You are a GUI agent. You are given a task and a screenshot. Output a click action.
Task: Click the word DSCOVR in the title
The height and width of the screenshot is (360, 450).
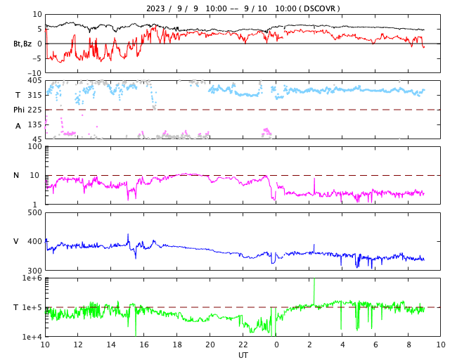coord(322,8)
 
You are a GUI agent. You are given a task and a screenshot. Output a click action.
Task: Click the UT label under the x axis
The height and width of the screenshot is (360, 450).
coord(243,355)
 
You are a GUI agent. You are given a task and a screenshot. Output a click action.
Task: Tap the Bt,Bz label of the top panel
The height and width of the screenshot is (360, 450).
coord(22,44)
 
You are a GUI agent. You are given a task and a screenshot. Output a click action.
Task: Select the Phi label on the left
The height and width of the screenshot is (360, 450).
coord(20,110)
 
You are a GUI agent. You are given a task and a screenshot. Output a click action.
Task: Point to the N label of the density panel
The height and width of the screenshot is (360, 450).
coord(17,176)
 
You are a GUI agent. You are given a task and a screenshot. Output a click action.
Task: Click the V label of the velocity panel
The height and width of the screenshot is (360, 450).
coord(16,241)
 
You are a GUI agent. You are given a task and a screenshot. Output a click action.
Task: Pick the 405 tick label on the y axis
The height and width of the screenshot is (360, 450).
coord(34,81)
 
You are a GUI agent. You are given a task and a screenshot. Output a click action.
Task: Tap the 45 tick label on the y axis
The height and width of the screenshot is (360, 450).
coord(36,139)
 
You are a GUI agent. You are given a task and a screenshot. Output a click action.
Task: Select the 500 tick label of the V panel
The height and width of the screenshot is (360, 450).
coord(34,212)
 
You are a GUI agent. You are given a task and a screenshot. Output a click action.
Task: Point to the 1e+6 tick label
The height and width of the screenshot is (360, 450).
coord(32,278)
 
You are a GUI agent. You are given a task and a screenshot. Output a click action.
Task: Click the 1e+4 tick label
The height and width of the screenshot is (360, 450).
coord(32,337)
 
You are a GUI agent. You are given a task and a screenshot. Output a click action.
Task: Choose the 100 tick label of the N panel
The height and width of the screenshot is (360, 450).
coord(34,147)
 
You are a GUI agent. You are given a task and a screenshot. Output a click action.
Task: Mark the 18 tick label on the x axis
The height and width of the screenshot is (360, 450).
coord(177,345)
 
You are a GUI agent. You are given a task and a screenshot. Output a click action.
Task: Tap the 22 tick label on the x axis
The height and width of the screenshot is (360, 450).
coord(243,345)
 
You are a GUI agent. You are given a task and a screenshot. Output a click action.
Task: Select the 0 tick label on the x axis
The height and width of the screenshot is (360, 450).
coord(276,345)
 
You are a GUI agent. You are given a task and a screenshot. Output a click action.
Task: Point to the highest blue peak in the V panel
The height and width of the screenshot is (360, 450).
coord(128,235)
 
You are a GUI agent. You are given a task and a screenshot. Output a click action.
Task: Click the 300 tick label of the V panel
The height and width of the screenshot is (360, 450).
coord(34,271)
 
